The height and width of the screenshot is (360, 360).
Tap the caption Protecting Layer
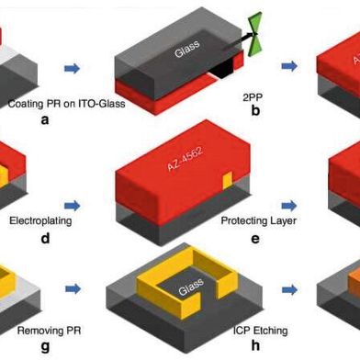(256, 221)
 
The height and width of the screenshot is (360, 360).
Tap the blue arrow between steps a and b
(72, 67)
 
